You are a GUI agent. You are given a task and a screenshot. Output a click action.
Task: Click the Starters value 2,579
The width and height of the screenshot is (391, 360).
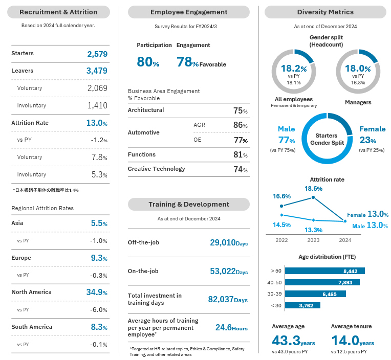pyautogui.click(x=97, y=54)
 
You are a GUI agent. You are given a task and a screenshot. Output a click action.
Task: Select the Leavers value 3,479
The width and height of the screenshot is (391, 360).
pyautogui.click(x=97, y=71)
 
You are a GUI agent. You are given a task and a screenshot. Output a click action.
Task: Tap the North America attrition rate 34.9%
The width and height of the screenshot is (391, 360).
pyautogui.click(x=97, y=292)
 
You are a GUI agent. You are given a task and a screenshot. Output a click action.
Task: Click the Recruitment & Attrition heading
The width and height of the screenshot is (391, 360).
pyautogui.click(x=58, y=12)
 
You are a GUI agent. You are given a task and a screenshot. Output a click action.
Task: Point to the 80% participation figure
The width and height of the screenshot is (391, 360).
pyautogui.click(x=148, y=62)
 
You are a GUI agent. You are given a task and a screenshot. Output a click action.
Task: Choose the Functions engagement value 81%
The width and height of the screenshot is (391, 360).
pyautogui.click(x=240, y=154)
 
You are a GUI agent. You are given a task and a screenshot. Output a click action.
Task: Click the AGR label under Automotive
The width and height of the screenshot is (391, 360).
pyautogui.click(x=199, y=125)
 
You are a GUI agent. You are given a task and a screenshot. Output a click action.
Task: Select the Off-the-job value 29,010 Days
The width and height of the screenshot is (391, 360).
pyautogui.click(x=229, y=242)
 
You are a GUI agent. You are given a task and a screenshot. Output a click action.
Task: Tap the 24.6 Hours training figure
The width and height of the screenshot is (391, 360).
pyautogui.click(x=231, y=327)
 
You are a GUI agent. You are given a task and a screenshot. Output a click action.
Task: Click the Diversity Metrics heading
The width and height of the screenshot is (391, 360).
pyautogui.click(x=325, y=12)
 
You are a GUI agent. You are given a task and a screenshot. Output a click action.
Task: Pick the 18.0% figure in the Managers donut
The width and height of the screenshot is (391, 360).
pyautogui.click(x=358, y=69)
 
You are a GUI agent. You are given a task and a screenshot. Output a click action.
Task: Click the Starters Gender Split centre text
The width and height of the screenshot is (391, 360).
pyautogui.click(x=326, y=139)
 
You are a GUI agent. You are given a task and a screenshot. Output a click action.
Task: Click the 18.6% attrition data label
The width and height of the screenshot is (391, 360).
pyautogui.click(x=313, y=189)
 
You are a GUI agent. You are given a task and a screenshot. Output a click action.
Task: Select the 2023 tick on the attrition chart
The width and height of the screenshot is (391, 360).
pyautogui.click(x=313, y=239)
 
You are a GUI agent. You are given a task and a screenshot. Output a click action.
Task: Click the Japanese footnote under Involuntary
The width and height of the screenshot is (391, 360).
pyautogui.click(x=45, y=190)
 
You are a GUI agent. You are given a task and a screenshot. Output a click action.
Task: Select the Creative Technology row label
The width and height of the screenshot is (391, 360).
pyautogui.click(x=157, y=169)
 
